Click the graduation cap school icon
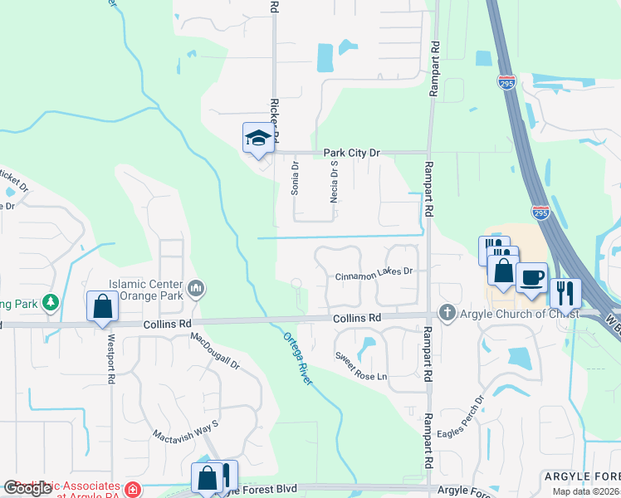pyautogui.click(x=258, y=138)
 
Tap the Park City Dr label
pyautogui.click(x=351, y=153)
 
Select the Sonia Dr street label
pyautogui.click(x=294, y=178)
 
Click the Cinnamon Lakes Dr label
pyautogui.click(x=374, y=272)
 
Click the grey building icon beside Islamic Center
pyautogui.click(x=197, y=288)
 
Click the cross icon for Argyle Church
pyautogui.click(x=447, y=313)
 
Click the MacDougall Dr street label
pyautogui.click(x=214, y=350)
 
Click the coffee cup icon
pyautogui.click(x=531, y=277)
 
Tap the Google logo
pyautogui.click(x=27, y=488)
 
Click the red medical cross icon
pyautogui.click(x=133, y=490)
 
